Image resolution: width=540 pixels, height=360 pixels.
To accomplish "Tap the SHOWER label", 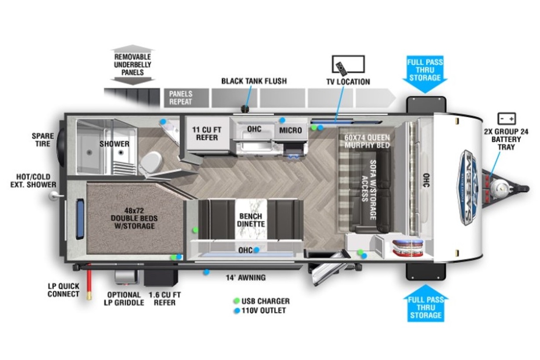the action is tap(114, 144).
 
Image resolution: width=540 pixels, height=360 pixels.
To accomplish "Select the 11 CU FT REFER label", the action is tap(207, 133).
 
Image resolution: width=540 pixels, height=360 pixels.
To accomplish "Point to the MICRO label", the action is tap(290, 130).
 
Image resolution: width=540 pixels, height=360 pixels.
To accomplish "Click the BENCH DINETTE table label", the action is tap(251, 220).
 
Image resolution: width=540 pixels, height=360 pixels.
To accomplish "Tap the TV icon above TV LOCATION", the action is tap(348, 64).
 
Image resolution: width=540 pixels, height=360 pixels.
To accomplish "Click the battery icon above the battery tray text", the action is tap(507, 119).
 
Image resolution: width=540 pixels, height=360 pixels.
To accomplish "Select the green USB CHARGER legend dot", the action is tap(237, 301).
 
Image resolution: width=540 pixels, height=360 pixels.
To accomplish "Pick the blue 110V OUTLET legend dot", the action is tap(237, 311).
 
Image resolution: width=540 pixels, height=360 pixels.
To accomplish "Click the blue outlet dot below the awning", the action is tap(206, 272).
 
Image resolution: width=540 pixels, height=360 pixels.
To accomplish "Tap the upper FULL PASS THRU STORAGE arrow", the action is tap(425, 74).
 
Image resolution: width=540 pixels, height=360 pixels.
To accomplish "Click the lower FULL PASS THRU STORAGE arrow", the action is tap(426, 303).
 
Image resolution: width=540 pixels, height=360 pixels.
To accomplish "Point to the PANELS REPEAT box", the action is tap(186, 98).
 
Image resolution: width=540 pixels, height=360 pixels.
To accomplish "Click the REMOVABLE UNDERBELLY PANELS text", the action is tap(132, 65).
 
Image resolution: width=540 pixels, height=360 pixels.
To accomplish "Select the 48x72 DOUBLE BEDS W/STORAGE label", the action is tap(134, 218).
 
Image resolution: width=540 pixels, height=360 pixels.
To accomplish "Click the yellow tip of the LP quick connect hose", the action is tap(89, 296).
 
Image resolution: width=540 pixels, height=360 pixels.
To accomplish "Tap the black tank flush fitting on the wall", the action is tap(246, 108).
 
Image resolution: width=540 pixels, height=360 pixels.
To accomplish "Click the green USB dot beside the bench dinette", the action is tap(195, 230).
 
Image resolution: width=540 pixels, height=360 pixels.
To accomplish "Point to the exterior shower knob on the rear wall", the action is tap(54, 196).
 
